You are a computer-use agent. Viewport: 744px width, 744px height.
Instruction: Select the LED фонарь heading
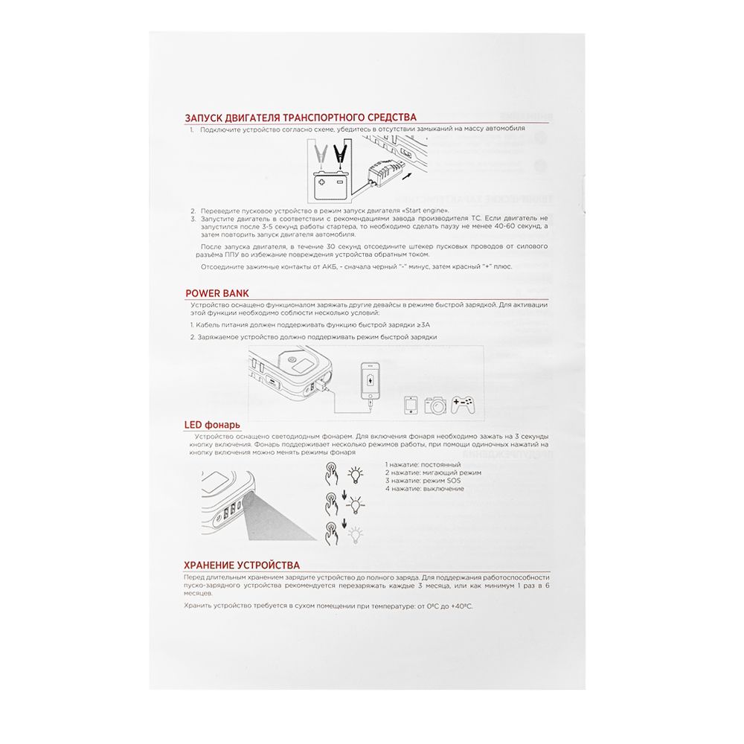coord(212,425)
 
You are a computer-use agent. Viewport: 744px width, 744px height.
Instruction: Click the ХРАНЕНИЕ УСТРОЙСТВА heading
coord(242,565)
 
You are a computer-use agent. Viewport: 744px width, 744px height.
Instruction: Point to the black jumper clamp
coord(341,155)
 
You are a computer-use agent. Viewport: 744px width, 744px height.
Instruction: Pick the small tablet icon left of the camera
coord(410,405)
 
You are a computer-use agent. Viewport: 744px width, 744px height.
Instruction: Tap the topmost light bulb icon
coord(356,472)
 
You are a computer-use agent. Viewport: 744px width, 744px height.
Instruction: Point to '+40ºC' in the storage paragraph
coord(459,606)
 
